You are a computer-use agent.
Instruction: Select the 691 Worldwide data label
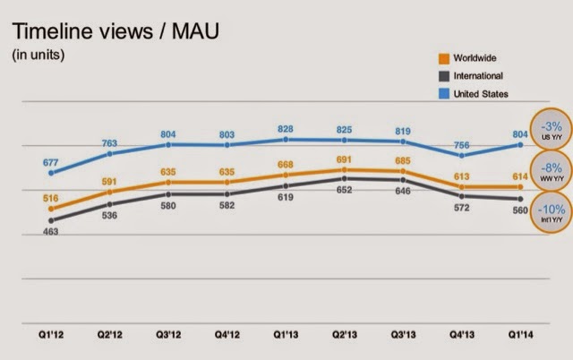(346, 159)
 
